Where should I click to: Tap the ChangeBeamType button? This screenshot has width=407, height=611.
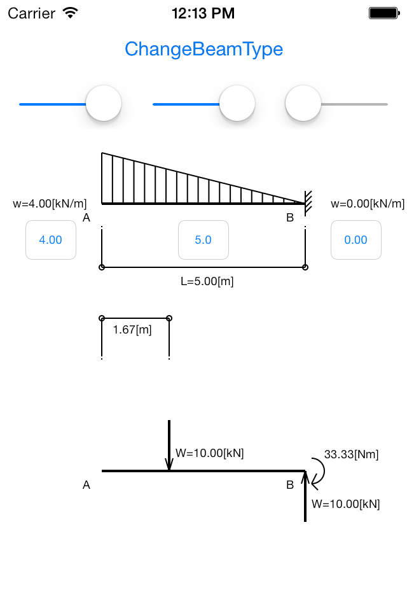(203, 49)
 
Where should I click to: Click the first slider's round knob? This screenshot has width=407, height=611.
(104, 103)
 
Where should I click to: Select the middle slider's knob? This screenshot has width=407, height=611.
(237, 103)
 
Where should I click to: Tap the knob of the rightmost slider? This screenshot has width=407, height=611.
(303, 103)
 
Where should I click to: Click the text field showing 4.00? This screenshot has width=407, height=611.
(51, 240)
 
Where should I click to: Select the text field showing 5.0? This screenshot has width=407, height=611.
(203, 240)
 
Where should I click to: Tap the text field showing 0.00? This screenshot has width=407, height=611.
(356, 240)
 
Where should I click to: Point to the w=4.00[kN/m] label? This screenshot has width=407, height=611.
(50, 204)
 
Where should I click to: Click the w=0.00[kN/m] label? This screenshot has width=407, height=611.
(368, 204)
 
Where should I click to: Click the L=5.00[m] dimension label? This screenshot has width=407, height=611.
(207, 281)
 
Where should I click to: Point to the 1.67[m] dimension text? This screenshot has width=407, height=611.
(132, 330)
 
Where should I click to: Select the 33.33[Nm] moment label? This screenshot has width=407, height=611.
(351, 454)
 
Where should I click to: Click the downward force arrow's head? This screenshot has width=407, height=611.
(169, 464)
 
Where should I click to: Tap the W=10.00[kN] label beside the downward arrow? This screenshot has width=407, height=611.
(209, 453)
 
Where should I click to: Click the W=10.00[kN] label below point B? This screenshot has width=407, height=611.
(346, 504)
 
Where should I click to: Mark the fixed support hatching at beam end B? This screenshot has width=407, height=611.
(308, 202)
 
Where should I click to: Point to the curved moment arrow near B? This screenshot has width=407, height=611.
(323, 472)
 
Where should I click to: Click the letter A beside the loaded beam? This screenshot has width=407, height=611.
(86, 218)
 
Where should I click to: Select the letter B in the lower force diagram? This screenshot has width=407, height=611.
(290, 485)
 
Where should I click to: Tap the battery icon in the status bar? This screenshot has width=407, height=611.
(384, 13)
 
